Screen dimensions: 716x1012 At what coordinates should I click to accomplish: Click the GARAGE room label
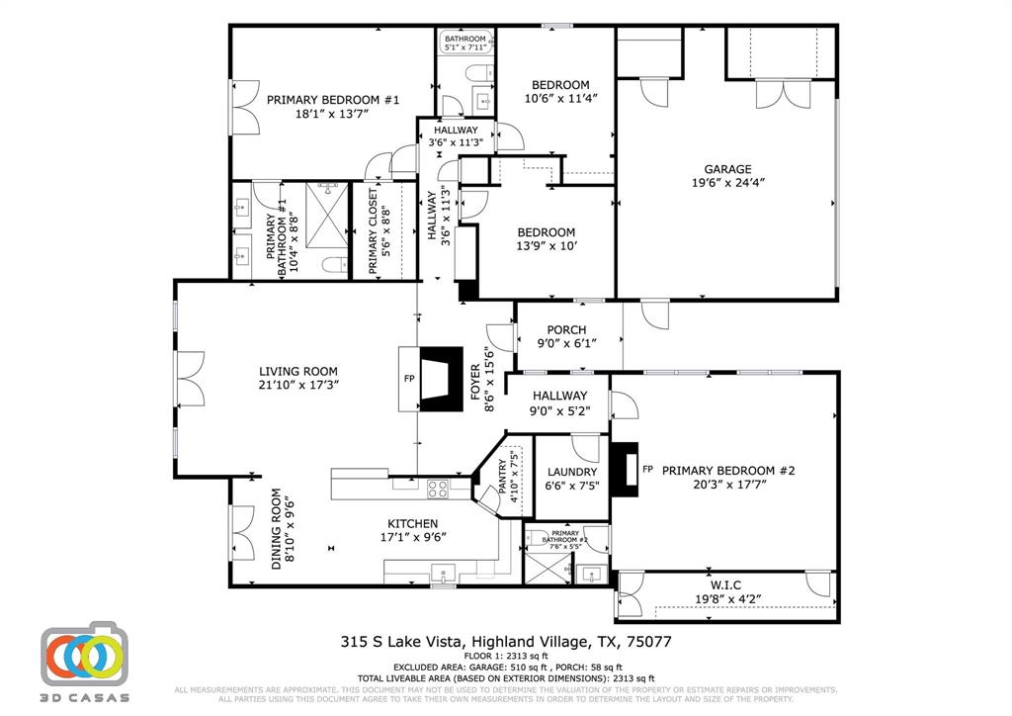726,169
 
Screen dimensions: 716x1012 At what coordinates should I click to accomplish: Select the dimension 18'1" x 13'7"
331,114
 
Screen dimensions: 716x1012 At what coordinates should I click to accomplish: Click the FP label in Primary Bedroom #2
648,470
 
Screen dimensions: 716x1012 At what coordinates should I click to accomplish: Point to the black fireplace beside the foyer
440,378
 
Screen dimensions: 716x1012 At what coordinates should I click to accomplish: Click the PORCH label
566,330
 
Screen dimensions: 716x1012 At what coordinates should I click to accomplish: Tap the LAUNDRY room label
572,473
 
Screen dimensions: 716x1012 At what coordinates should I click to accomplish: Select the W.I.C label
724,583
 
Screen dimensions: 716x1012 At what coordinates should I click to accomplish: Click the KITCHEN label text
413,524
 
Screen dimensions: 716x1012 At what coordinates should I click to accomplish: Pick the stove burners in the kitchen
436,487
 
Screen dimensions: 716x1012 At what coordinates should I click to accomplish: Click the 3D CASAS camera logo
83,655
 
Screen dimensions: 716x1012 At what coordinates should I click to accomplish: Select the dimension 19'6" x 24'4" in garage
727,183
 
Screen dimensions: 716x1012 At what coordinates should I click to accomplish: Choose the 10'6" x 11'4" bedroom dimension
560,99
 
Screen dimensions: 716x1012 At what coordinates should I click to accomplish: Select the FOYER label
475,380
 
